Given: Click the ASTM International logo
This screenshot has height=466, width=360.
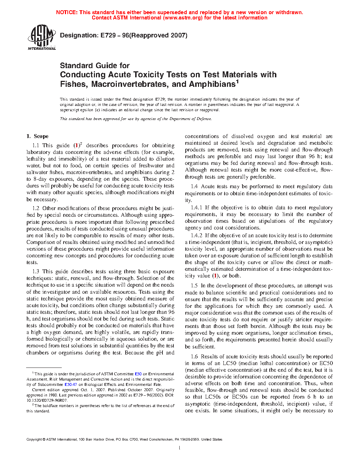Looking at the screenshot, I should (x=42, y=37).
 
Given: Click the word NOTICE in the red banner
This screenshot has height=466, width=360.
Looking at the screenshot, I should (x=67, y=12).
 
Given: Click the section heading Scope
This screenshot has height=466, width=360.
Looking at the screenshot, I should (x=41, y=136).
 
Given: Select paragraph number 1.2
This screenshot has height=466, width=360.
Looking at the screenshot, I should (x=36, y=208).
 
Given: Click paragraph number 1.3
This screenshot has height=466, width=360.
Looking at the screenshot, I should (x=36, y=271).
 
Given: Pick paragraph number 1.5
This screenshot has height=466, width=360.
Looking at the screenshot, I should (x=194, y=286).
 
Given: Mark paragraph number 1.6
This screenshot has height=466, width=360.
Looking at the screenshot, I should (x=194, y=357).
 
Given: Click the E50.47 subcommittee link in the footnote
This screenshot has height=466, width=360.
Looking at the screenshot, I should (x=71, y=384).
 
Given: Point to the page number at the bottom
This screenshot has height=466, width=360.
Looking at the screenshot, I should (x=180, y=448).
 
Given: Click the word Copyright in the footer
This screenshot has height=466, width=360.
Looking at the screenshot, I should (x=34, y=440).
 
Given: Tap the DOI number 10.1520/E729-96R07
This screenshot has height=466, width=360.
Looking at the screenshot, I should (x=47, y=400).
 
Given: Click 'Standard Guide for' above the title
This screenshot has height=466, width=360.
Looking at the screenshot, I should (x=95, y=66).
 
